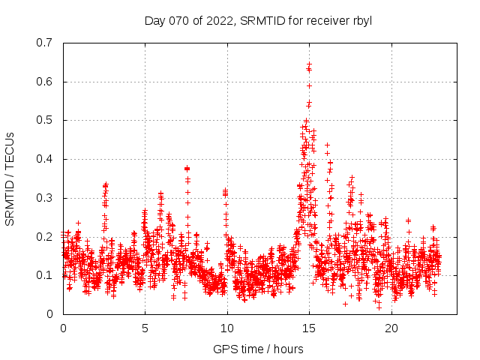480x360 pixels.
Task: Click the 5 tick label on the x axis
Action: point(145,328)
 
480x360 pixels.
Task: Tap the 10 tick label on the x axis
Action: point(227,328)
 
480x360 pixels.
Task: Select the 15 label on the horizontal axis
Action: point(309,328)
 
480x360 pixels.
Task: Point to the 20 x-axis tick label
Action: point(391,328)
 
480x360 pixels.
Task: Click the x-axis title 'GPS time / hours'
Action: point(258,349)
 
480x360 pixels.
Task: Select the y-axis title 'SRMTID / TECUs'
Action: point(10,178)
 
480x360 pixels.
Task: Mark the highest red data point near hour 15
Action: point(309,64)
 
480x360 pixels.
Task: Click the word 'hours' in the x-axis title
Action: point(288,349)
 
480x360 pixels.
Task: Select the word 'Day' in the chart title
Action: point(154,20)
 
